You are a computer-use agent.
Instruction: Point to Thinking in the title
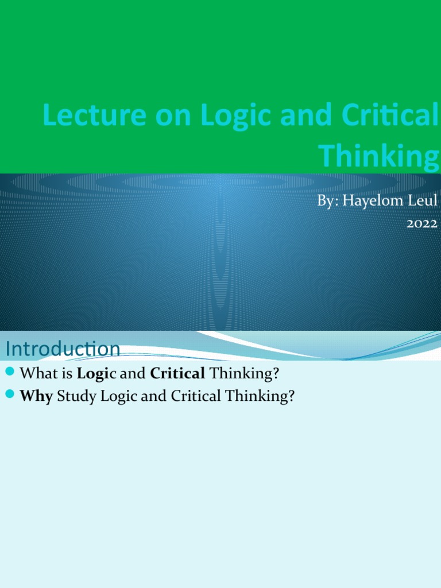pos(378,155)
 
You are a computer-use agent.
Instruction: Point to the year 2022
pos(423,223)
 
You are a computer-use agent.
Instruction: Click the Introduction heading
pos(63,349)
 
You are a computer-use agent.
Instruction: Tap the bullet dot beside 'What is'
pos(9,373)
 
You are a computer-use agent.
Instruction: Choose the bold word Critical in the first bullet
pos(177,374)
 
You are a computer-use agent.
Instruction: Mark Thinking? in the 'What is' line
pos(245,374)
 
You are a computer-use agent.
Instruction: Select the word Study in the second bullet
pos(76,396)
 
